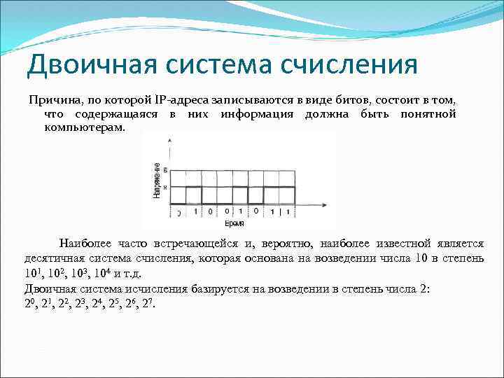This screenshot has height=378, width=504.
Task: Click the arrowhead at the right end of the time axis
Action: [327, 205]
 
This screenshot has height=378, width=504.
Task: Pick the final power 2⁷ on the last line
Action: [149, 303]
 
